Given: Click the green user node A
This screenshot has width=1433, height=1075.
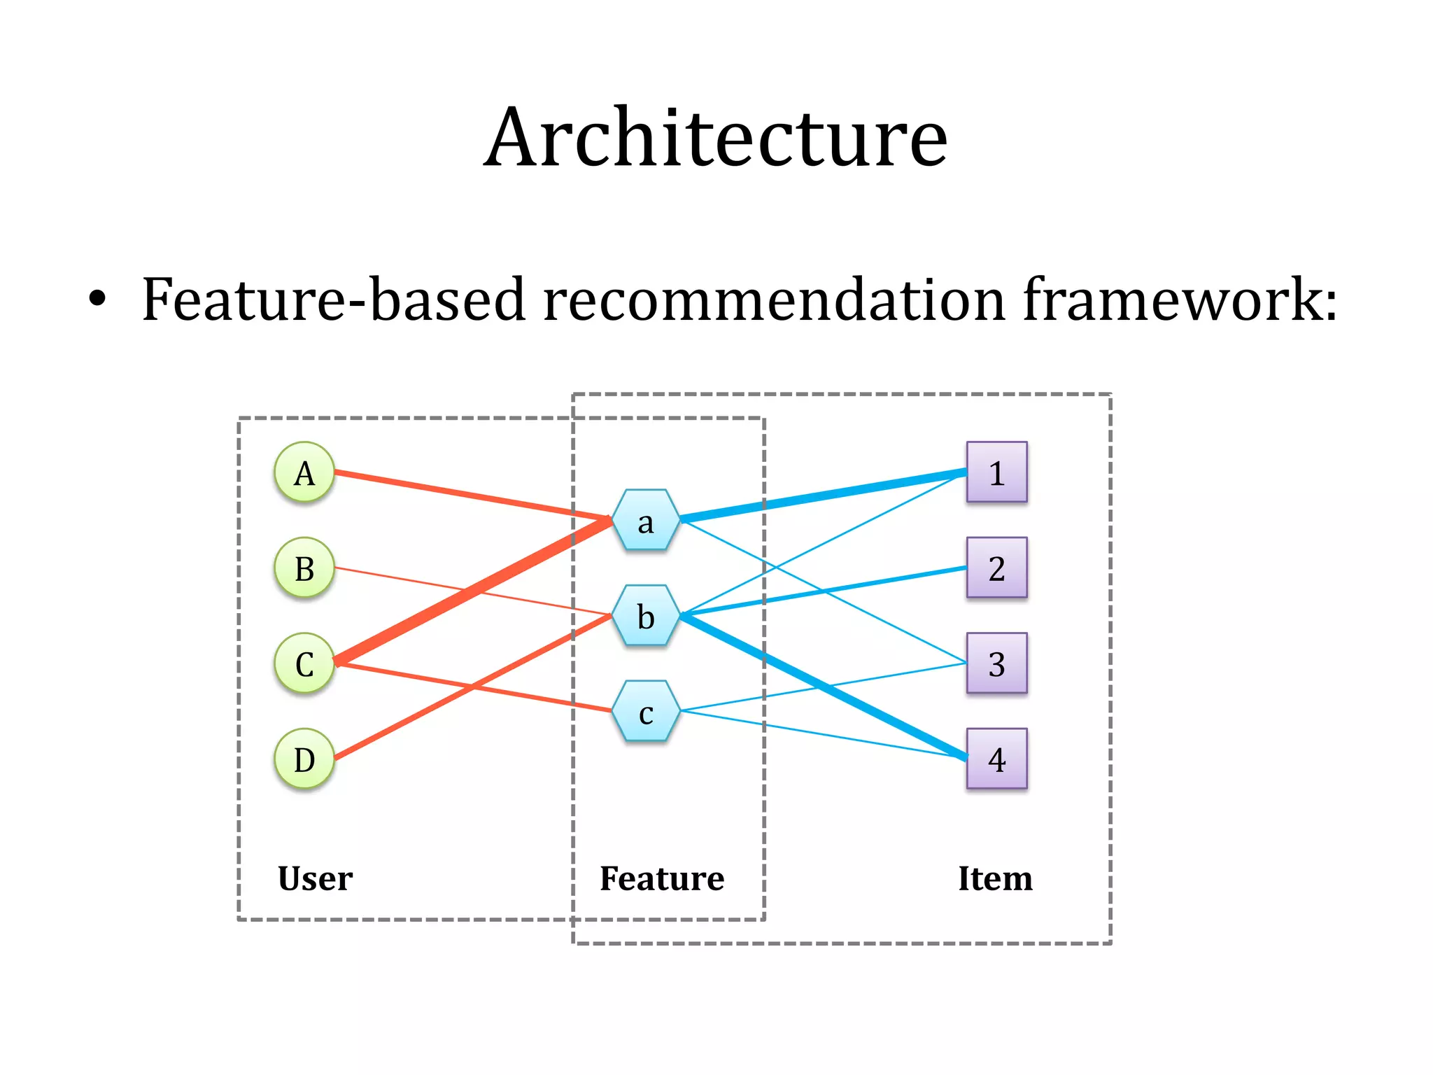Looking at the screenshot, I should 304,472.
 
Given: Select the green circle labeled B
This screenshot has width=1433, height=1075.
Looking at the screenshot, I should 304,568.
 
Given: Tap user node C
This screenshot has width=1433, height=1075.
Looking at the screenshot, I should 304,663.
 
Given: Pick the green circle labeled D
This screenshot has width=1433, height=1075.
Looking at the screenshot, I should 304,759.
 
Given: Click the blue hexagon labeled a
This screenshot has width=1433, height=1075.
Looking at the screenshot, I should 646,520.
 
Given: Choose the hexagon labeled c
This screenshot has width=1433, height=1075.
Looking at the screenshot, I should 646,711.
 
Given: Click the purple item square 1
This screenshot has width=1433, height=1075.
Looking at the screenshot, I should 996,472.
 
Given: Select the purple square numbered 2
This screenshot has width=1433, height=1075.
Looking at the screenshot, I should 996,568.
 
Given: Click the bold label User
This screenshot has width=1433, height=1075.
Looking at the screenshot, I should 315,878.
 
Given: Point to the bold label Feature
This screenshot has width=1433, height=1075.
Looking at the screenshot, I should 662,878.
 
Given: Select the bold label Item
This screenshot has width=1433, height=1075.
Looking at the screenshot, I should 995,878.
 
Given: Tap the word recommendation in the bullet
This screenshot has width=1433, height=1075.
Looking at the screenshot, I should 774,300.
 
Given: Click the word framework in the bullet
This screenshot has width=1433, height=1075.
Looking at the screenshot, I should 1180,300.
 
